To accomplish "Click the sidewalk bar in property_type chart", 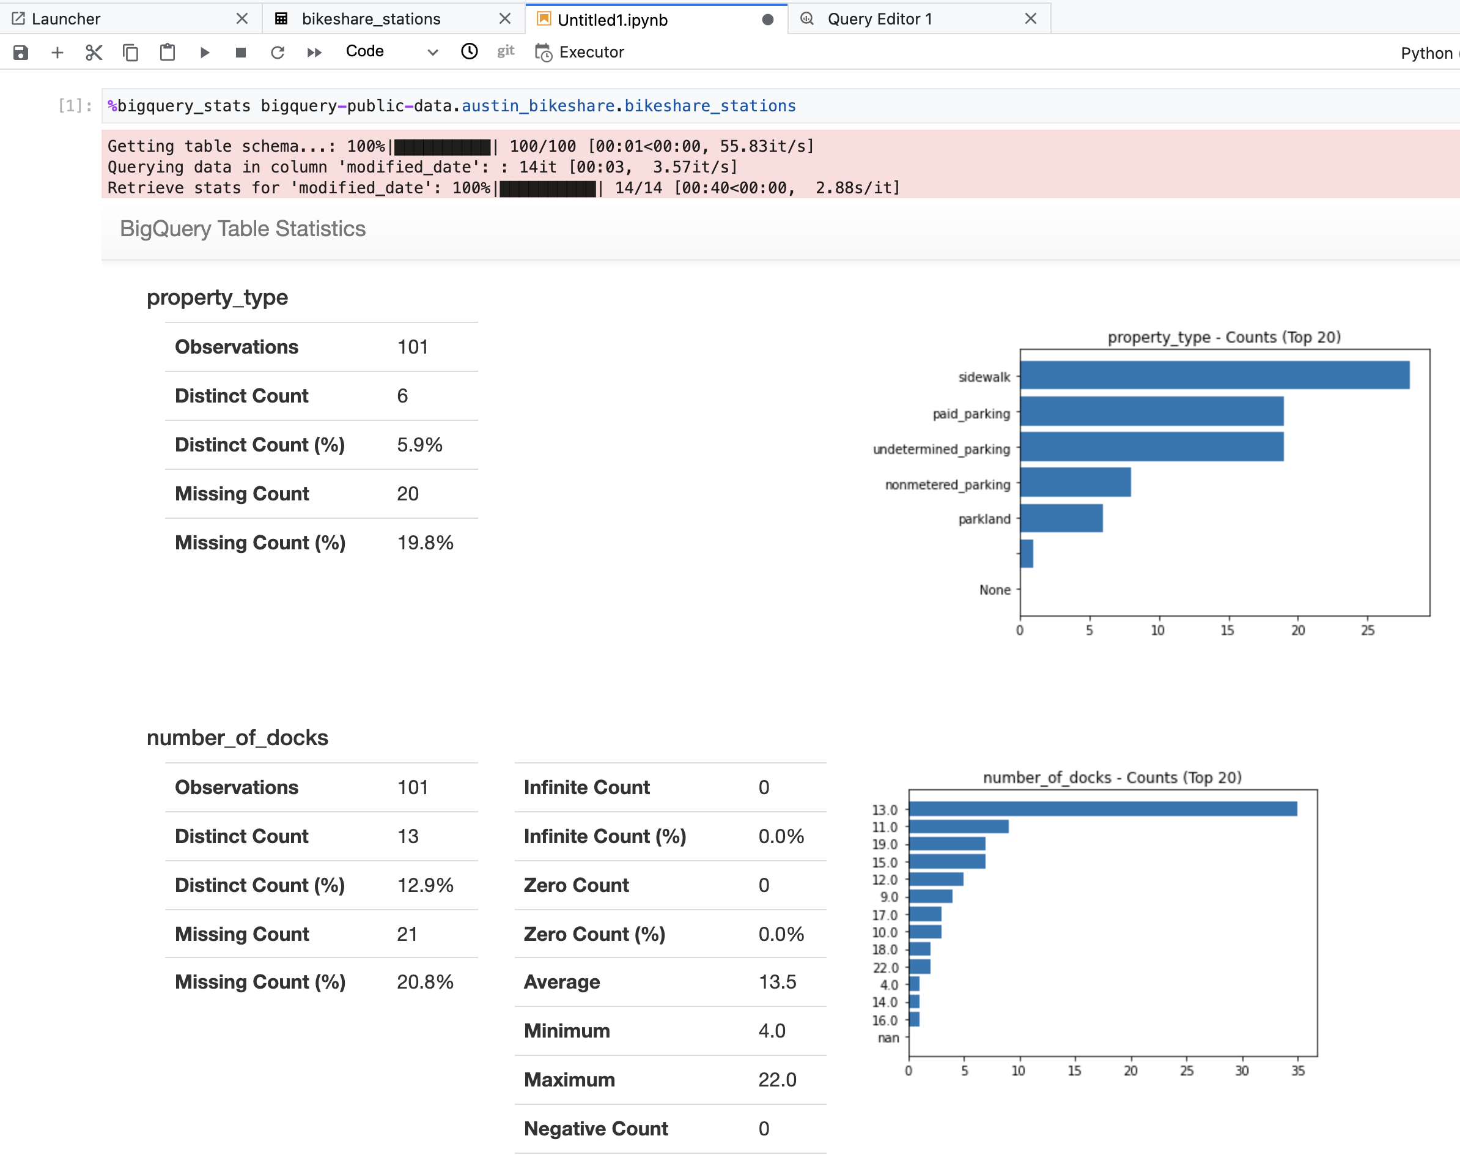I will tap(1215, 375).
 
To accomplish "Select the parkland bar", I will tap(1061, 518).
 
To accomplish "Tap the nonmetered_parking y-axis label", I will tap(947, 485).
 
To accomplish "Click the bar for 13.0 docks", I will tap(1102, 809).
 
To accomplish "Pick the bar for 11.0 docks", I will tap(959, 826).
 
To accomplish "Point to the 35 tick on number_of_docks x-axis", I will tap(1298, 1071).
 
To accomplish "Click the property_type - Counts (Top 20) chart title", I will tap(1223, 336).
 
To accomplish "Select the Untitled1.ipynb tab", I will tap(612, 19).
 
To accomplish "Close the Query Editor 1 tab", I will tap(1030, 19).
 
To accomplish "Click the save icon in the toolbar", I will tap(21, 52).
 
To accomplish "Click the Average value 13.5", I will tap(776, 982).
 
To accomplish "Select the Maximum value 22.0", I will tap(776, 1080).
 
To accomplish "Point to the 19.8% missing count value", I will tap(424, 543).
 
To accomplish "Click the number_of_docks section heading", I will tap(237, 738).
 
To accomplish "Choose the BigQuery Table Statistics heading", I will tap(242, 229).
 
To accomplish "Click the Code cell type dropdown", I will tap(391, 51).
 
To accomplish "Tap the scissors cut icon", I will tap(94, 52).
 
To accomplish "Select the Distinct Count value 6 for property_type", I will tap(402, 396).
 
